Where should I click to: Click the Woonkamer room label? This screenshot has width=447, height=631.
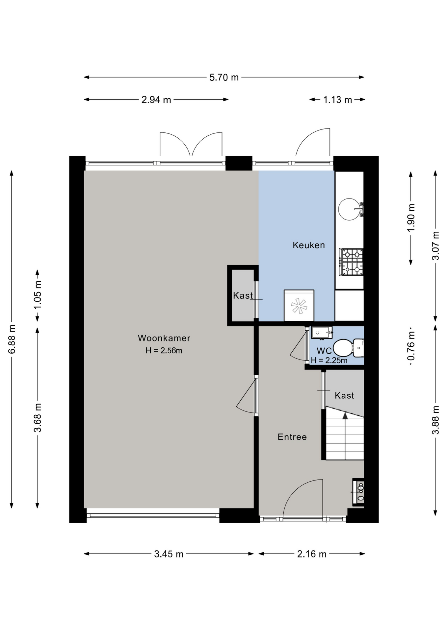164,338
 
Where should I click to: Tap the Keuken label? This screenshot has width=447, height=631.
309,245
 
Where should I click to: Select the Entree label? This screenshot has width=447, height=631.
292,437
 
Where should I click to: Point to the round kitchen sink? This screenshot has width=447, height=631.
349,209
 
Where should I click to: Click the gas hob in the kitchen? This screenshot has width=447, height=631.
351,262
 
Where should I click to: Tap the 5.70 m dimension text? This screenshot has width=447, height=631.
224,77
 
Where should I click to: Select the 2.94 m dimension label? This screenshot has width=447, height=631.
156,100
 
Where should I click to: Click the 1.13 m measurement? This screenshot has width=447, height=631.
337,100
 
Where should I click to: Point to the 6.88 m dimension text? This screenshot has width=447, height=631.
12,339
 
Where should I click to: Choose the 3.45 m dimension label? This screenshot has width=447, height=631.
169,554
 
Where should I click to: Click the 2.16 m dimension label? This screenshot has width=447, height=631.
312,554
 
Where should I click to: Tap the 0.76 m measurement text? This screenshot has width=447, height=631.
411,346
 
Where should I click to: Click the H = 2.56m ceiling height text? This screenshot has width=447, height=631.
164,351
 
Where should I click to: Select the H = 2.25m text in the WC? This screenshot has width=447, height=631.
329,361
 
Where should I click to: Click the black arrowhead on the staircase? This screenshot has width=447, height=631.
345,416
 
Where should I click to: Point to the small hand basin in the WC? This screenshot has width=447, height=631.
321,333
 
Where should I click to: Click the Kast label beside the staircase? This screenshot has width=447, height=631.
344,395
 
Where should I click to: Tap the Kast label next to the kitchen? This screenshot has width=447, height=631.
243,295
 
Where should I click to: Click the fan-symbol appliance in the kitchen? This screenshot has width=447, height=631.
299,306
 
